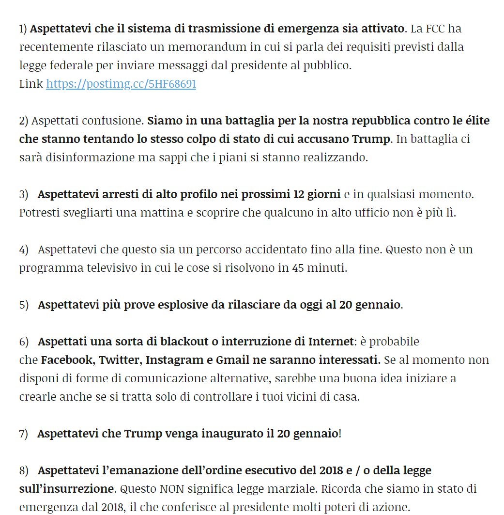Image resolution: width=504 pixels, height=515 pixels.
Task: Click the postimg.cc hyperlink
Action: (x=121, y=84)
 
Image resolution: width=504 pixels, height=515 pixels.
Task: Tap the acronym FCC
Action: (x=436, y=29)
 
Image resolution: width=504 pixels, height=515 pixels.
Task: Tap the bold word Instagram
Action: (x=177, y=360)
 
